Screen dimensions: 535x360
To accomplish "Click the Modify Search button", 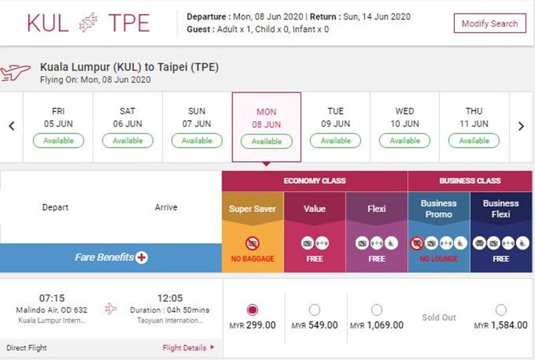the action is pos(490,23).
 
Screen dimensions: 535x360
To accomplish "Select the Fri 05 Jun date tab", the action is pos(58,127).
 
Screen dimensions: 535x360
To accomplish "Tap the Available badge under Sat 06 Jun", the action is pos(128,141).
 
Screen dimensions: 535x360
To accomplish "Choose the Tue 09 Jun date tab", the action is pos(336,127).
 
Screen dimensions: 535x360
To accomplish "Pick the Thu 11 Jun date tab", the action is pos(474,127).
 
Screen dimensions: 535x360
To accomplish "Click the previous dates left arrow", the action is pos(11,126).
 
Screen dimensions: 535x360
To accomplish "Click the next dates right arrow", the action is pos(521,126).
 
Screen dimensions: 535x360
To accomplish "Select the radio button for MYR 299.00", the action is pos(252,310).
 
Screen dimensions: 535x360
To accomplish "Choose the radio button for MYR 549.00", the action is pos(314,310).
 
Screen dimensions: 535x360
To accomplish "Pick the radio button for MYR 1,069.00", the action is pos(377,310).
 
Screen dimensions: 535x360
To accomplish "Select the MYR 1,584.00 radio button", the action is pos(501,310).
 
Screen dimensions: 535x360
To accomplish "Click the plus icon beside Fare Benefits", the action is pos(141,257).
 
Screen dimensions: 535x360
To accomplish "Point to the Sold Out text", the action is pos(439,317).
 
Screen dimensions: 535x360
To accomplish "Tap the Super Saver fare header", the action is pos(253,209).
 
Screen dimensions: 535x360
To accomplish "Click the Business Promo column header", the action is pos(439,209).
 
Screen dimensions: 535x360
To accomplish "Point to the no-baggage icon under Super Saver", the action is pos(253,243).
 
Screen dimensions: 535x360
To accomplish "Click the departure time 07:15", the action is pos(52,298).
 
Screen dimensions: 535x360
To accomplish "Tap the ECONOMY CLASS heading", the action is pos(314,181).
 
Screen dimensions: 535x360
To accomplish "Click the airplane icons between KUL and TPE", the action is pos(88,23).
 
